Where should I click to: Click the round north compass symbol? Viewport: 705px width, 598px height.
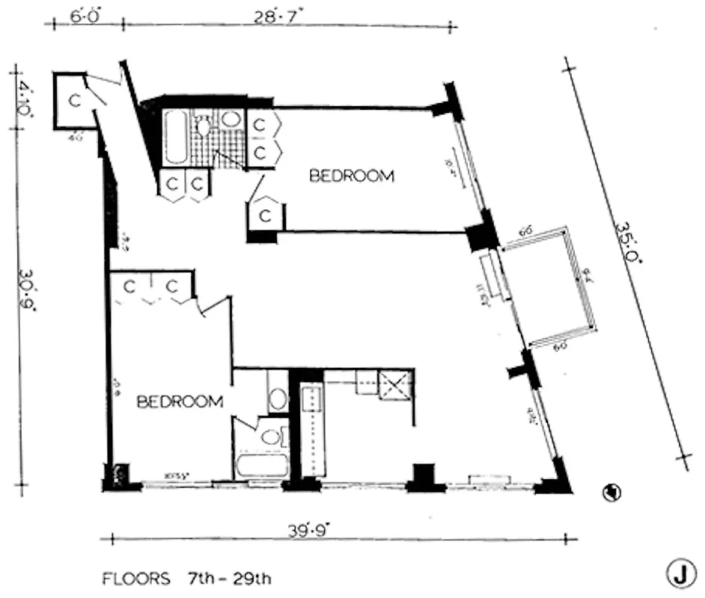612,493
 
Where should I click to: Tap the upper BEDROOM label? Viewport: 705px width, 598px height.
352,176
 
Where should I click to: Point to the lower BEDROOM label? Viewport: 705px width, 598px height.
180,401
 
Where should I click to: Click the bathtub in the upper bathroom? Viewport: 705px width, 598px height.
177,137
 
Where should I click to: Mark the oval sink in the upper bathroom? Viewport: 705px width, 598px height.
231,120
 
